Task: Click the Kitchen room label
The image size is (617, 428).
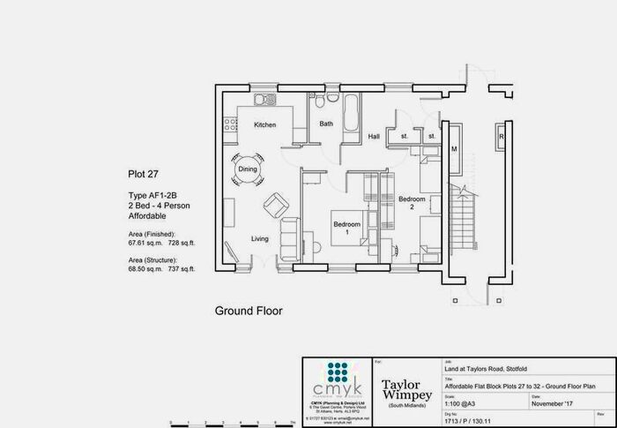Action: pos(265,125)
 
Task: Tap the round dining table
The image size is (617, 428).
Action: pos(248,168)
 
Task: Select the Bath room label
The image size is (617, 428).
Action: pos(326,124)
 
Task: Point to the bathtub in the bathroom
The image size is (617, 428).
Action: pos(350,114)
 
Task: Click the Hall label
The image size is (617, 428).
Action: pos(374,137)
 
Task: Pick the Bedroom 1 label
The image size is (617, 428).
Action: pos(346,228)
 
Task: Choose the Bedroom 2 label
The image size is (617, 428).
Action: pos(412,203)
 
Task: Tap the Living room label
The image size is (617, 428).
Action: pos(259,239)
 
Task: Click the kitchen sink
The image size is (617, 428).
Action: pos(261,97)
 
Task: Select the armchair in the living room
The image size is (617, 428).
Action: pos(276,206)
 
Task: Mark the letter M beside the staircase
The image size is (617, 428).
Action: pos(454,150)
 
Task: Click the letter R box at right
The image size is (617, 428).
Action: pos(501,138)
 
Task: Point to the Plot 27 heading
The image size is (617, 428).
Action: pos(144,175)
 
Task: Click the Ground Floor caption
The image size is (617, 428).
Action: pos(249,311)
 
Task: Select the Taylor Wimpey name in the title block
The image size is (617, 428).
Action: pos(405,389)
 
